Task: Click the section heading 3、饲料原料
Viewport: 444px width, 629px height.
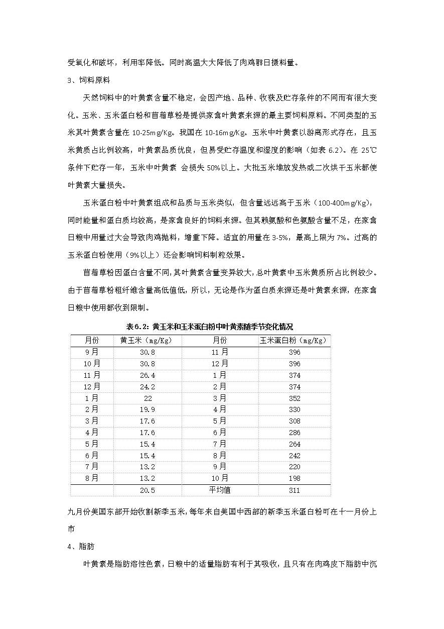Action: click(89, 80)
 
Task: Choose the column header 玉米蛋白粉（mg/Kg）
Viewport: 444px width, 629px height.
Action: click(294, 341)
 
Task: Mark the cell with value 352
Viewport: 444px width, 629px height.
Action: click(294, 398)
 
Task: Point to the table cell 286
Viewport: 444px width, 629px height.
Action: click(294, 433)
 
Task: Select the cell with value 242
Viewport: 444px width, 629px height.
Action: click(294, 456)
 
